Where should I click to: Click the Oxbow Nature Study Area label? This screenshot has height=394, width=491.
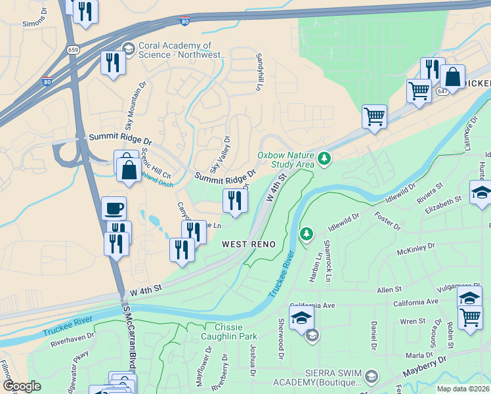pos(286,160)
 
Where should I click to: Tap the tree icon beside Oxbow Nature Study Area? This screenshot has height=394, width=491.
pos(323,158)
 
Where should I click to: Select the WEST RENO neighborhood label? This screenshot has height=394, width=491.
pos(249,244)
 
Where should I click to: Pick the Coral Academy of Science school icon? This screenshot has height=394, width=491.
pos(128,49)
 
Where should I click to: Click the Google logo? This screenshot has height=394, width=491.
pos(22,386)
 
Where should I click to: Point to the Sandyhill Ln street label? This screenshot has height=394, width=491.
pos(259,72)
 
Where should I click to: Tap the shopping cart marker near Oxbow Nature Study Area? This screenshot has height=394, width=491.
pos(374,117)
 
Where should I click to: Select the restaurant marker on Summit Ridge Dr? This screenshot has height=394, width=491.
pos(235,200)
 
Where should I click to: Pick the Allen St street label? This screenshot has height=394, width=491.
pos(389,290)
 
